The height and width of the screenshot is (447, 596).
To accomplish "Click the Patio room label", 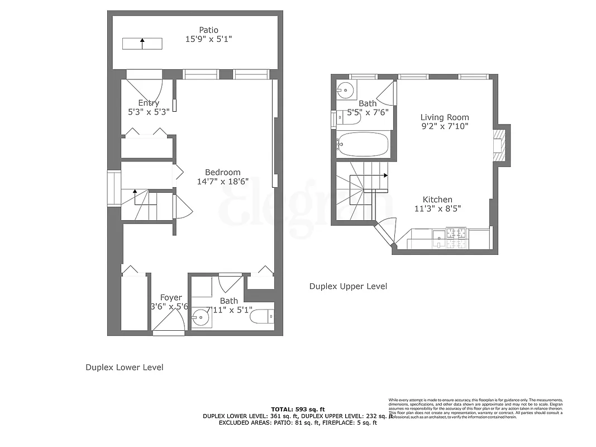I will click(208, 30).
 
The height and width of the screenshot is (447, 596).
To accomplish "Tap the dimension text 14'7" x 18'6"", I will click(222, 182).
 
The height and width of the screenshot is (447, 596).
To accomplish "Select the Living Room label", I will click(445, 117).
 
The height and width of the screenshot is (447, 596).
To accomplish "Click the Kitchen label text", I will click(437, 199).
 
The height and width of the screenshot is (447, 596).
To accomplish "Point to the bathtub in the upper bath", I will click(363, 145).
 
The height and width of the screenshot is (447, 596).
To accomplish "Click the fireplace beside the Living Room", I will click(499, 144).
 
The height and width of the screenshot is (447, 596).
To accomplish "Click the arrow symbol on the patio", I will click(142, 44).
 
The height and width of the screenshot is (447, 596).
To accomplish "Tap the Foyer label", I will click(171, 297).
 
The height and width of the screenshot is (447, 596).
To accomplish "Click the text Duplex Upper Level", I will click(348, 286).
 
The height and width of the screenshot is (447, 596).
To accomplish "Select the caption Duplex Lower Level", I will click(124, 368).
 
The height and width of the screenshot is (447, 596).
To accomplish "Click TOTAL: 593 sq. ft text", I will click(298, 409).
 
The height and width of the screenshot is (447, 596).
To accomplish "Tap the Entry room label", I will click(149, 103).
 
